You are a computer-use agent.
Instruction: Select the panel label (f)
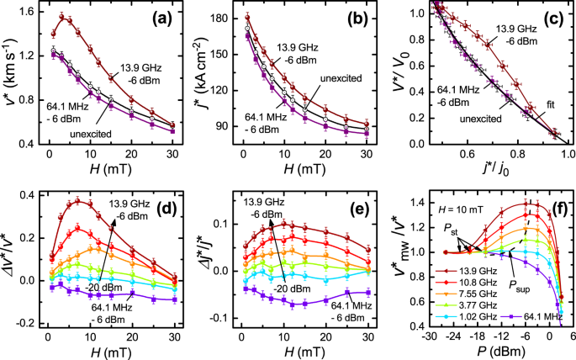(549, 203)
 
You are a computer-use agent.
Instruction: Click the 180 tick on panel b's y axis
(223, 18)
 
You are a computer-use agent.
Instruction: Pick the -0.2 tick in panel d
(25, 323)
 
